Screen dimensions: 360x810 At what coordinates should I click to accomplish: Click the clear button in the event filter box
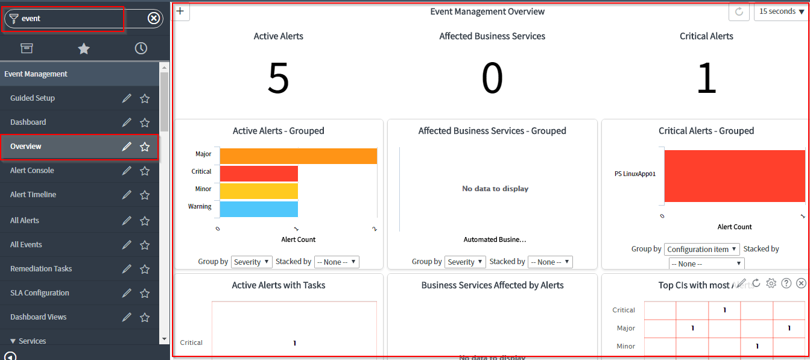(x=154, y=19)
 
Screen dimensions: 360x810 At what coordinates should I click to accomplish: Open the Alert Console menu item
(x=32, y=171)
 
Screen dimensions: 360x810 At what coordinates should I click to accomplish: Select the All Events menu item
(x=26, y=245)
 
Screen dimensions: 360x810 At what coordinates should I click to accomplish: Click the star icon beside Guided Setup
(x=145, y=98)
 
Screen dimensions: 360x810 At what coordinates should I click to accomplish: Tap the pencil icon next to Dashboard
(x=127, y=122)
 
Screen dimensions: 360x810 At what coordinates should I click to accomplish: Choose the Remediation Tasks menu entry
(x=41, y=269)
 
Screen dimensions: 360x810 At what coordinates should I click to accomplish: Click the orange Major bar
(x=298, y=156)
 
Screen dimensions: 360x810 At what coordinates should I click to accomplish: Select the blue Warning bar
(x=259, y=209)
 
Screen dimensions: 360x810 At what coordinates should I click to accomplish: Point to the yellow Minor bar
(x=259, y=191)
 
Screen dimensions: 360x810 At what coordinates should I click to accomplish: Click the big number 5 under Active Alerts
(x=278, y=78)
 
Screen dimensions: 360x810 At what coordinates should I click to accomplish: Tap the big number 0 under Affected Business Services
(x=492, y=78)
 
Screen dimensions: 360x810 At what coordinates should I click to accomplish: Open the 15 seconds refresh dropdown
(x=781, y=11)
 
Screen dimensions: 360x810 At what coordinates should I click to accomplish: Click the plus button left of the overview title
(x=180, y=11)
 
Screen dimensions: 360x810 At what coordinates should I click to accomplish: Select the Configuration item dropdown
(x=702, y=249)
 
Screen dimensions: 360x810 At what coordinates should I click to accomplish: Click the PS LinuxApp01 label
(x=635, y=174)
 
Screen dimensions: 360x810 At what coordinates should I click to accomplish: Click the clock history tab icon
(x=141, y=49)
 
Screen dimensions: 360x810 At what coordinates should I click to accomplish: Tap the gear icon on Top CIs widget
(x=771, y=283)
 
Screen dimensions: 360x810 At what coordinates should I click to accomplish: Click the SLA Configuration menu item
(x=40, y=293)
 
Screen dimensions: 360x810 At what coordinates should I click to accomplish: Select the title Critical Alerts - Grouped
(x=706, y=131)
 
